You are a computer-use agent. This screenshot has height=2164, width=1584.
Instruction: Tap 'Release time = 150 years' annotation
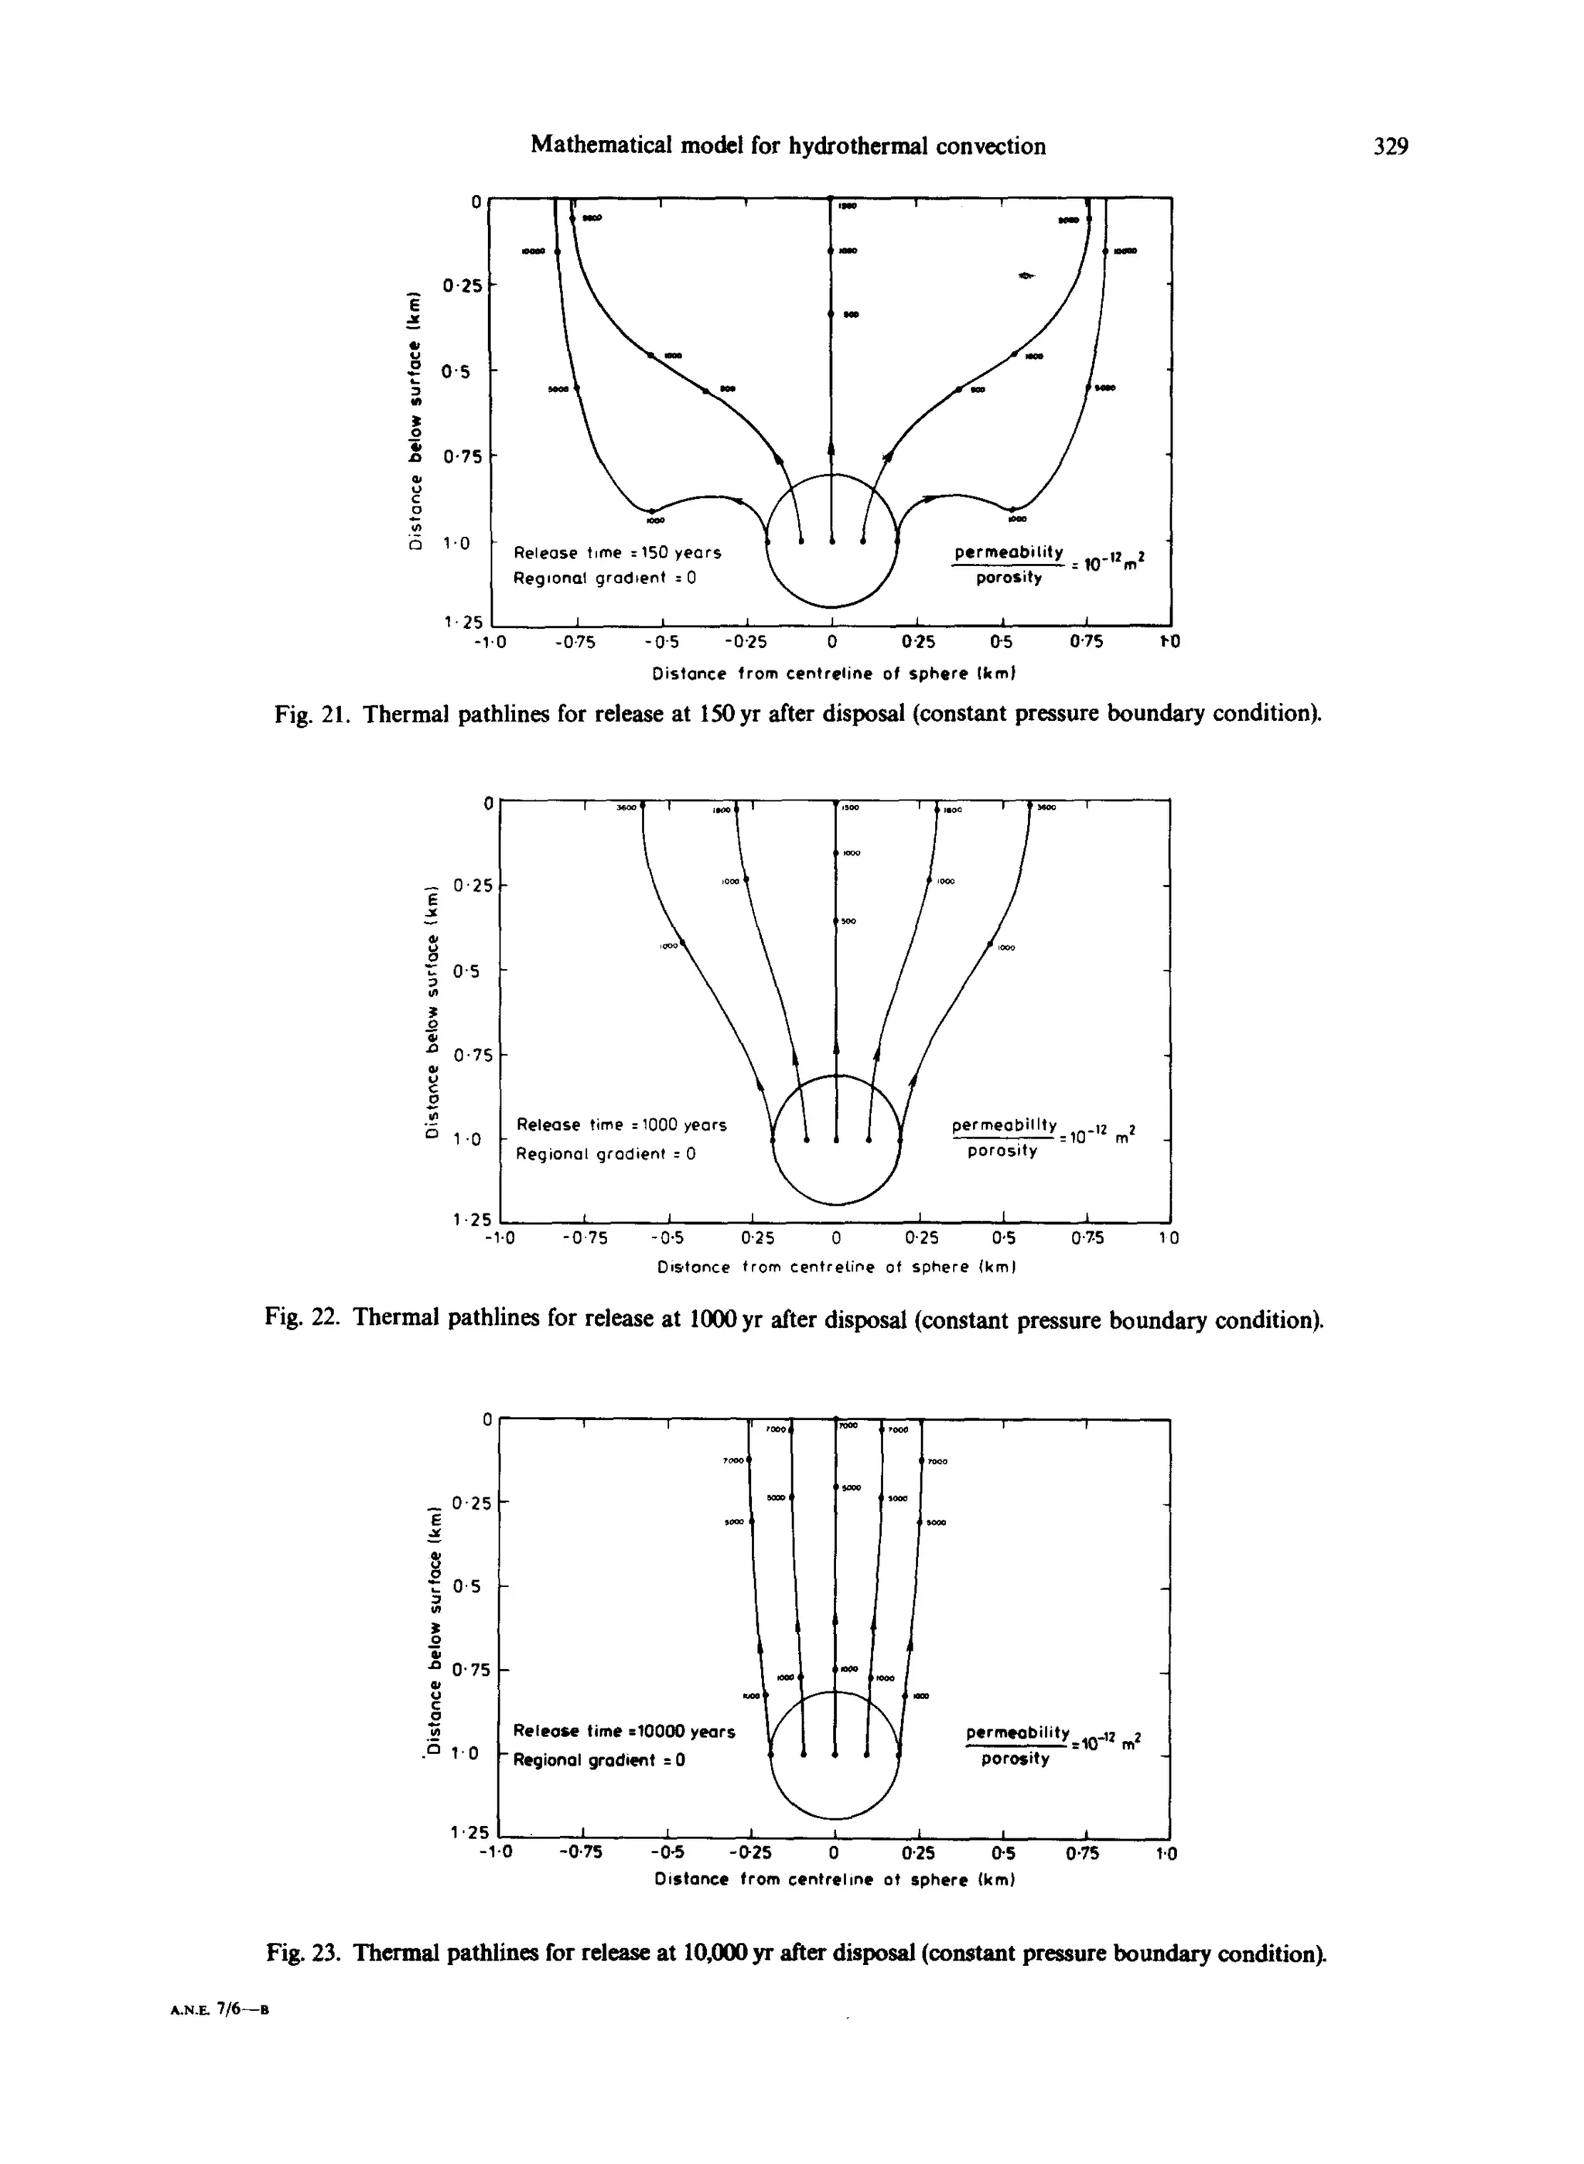pyautogui.click(x=617, y=553)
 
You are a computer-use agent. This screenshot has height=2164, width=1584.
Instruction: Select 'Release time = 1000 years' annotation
pyautogui.click(x=621, y=1124)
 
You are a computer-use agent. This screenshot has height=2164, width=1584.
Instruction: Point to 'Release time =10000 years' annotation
pyautogui.click(x=624, y=1731)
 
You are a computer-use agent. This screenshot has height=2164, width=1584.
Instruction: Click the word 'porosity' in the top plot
pyautogui.click(x=1009, y=579)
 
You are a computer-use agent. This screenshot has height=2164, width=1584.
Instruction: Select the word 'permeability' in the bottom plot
pyautogui.click(x=1017, y=1732)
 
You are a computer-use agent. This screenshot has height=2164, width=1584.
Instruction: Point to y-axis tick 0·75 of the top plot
pyautogui.click(x=463, y=456)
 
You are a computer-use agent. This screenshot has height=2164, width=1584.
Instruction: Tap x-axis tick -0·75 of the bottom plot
pyautogui.click(x=580, y=1852)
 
